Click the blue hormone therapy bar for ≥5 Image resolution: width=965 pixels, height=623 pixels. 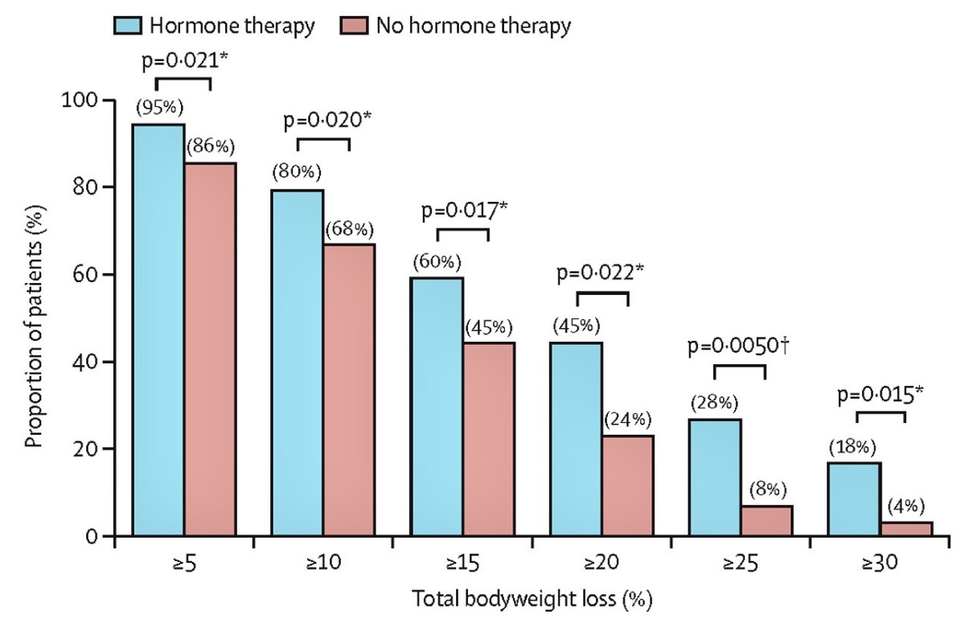click(159, 330)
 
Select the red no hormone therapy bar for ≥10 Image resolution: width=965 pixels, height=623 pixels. click(349, 390)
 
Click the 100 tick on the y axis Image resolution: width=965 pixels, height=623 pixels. click(79, 100)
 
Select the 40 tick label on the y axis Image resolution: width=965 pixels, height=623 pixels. click(84, 362)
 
